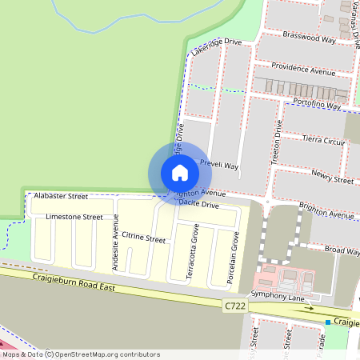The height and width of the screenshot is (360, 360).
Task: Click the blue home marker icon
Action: click(179, 172)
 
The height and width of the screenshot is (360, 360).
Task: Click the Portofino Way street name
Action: click(316, 104)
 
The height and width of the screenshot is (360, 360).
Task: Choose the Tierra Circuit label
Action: click(323, 140)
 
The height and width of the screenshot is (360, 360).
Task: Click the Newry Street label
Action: click(332, 177)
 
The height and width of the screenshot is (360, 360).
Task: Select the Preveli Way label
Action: click(219, 165)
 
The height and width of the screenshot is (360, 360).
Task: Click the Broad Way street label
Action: click(342, 251)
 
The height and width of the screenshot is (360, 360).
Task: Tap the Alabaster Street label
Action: click(60, 195)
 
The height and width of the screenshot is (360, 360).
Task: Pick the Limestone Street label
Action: click(74, 216)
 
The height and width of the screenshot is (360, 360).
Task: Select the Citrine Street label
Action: click(144, 238)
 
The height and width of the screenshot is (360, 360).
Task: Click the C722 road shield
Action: click(234, 305)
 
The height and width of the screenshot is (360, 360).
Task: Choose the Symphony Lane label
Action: click(278, 298)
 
